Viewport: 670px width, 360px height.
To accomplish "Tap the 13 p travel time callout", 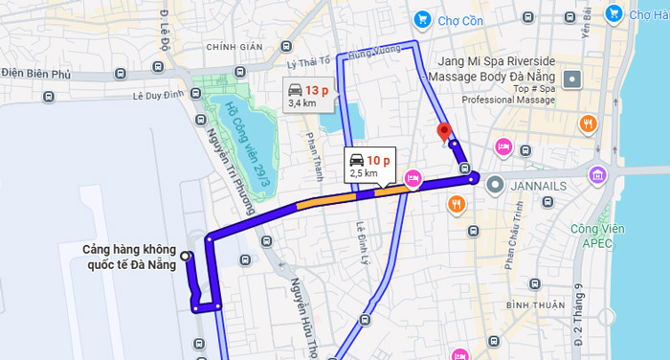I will (310, 95).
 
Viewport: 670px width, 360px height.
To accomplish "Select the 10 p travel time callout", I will (369, 166).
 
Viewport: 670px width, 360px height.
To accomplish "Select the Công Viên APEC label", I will (597, 235).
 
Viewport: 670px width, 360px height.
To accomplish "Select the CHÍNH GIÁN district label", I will (234, 46).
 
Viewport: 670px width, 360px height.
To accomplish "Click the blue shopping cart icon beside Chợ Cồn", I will (421, 19).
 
